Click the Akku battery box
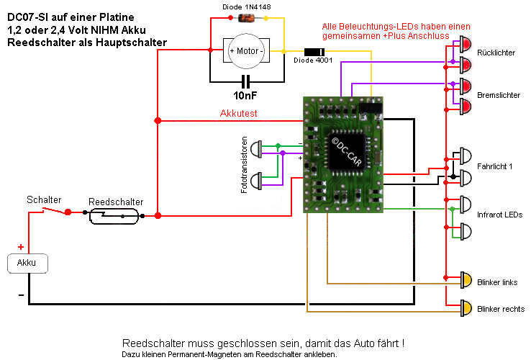pyautogui.click(x=27, y=263)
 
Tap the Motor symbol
pyautogui.click(x=246, y=51)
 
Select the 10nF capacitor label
pyautogui.click(x=247, y=94)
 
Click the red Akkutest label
pyautogui.click(x=238, y=114)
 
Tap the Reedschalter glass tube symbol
pyautogui.click(x=116, y=215)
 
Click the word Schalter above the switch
pyautogui.click(x=44, y=199)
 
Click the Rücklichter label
pyautogui.click(x=496, y=54)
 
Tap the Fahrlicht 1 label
pyautogui.click(x=496, y=166)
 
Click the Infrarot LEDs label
pyautogui.click(x=499, y=215)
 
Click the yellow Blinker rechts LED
pyautogui.click(x=466, y=308)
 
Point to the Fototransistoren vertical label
pyautogui.click(x=245, y=163)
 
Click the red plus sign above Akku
pyautogui.click(x=21, y=246)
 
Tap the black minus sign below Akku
pyautogui.click(x=21, y=295)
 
